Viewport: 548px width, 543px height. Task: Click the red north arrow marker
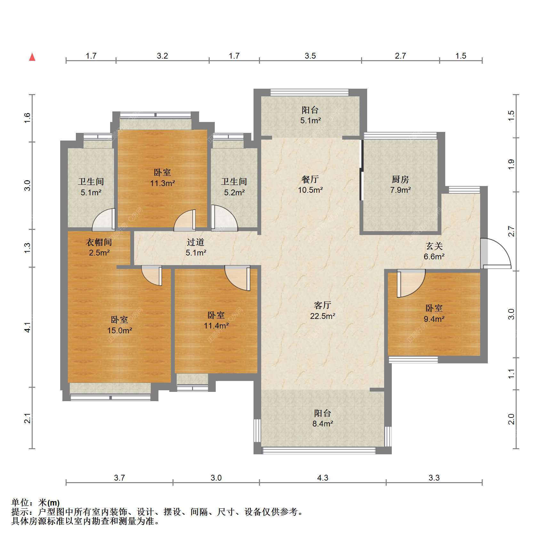[32, 57]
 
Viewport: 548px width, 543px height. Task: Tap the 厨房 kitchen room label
[400, 179]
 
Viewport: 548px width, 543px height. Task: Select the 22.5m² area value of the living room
[323, 316]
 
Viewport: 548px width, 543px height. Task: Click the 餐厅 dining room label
[310, 179]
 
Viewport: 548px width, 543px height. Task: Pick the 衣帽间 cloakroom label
[99, 242]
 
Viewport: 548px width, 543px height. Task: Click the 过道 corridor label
[196, 242]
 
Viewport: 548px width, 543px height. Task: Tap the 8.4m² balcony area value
[323, 424]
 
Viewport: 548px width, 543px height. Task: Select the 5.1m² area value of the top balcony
[310, 120]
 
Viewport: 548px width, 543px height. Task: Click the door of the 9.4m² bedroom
[411, 283]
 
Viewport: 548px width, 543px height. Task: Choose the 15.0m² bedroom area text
[119, 330]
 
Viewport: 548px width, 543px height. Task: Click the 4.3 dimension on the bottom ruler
[323, 478]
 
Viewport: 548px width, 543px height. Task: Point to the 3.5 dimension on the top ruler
[310, 56]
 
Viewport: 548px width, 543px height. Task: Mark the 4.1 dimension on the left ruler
[28, 327]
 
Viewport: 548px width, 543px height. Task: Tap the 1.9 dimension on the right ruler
[511, 164]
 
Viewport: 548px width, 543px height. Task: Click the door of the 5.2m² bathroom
[224, 218]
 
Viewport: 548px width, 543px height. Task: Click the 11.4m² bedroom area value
[216, 326]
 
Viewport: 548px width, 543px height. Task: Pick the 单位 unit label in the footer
[20, 503]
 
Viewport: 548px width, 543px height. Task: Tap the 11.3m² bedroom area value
[163, 183]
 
